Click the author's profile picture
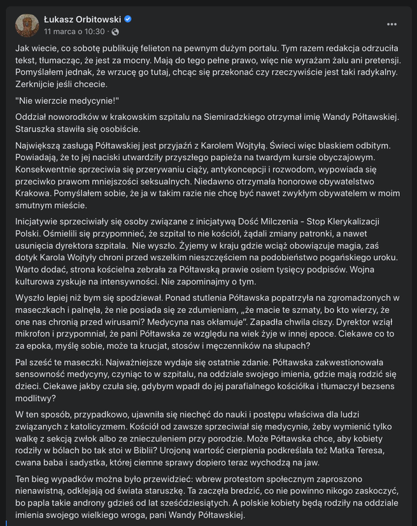coord(26,24)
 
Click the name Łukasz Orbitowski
coord(81,19)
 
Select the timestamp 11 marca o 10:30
coord(74,31)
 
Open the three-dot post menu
coord(392,24)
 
